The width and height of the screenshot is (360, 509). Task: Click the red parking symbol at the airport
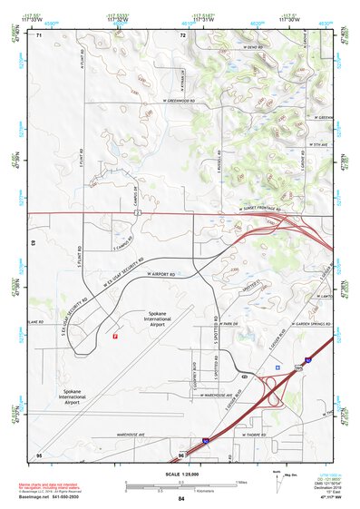coord(115,336)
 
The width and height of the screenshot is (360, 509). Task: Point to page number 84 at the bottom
coord(181,499)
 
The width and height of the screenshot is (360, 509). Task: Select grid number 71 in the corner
coord(39,35)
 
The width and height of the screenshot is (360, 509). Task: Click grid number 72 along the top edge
coord(182,35)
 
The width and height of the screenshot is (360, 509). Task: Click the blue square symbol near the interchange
coord(277,367)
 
